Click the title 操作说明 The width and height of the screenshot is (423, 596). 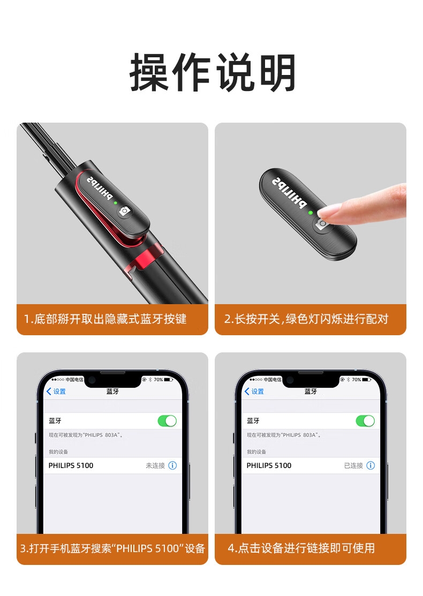[x=213, y=72]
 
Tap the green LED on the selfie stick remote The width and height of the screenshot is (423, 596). [x=116, y=203]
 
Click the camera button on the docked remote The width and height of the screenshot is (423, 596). [x=124, y=210]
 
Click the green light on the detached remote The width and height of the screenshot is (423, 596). [x=311, y=213]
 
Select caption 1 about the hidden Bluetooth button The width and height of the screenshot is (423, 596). [x=105, y=319]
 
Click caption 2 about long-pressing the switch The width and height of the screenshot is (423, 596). [x=306, y=319]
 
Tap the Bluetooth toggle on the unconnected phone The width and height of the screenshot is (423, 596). [x=167, y=421]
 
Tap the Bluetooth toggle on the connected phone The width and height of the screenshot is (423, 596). [x=365, y=421]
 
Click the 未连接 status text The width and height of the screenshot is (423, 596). [x=155, y=466]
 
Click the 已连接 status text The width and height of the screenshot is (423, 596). [x=353, y=466]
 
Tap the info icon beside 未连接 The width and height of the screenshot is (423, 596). [x=172, y=466]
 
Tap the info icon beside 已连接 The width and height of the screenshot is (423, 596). [x=371, y=466]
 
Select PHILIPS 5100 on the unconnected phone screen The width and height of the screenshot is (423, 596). [x=71, y=466]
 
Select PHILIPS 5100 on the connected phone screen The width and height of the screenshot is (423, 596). [x=269, y=466]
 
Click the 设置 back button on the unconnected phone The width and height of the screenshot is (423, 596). [x=56, y=391]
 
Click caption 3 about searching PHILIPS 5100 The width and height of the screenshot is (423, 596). [x=112, y=548]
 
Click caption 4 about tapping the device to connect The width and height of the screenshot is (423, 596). [x=301, y=548]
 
